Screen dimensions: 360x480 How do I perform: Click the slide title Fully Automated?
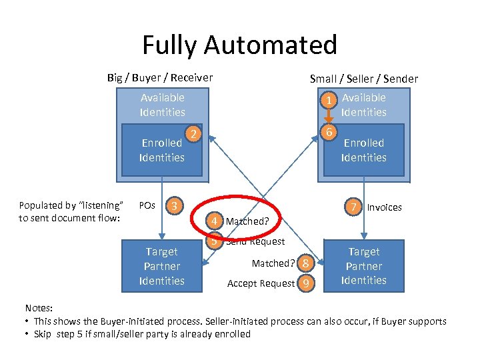pos(239,45)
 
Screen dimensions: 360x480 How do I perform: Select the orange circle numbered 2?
pos(193,135)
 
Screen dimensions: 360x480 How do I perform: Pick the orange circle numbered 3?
pos(173,205)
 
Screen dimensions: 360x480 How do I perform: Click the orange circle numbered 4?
pos(215,221)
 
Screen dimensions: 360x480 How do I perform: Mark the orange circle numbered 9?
pos(305,283)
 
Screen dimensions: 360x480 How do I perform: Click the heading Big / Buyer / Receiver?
pos(160,78)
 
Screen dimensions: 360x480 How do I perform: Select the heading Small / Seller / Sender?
pos(364,79)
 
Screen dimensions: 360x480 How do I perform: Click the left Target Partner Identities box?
pos(161,266)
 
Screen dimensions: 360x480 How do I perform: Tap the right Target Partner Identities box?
pos(363,266)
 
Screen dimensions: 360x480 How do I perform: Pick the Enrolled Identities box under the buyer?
pos(162,151)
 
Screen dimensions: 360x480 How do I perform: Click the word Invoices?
pos(385,207)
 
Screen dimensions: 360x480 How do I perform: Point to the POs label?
pos(146,205)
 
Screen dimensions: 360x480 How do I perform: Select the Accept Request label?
pos(261,283)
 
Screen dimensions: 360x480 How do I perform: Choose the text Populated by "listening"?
pos(71,205)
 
